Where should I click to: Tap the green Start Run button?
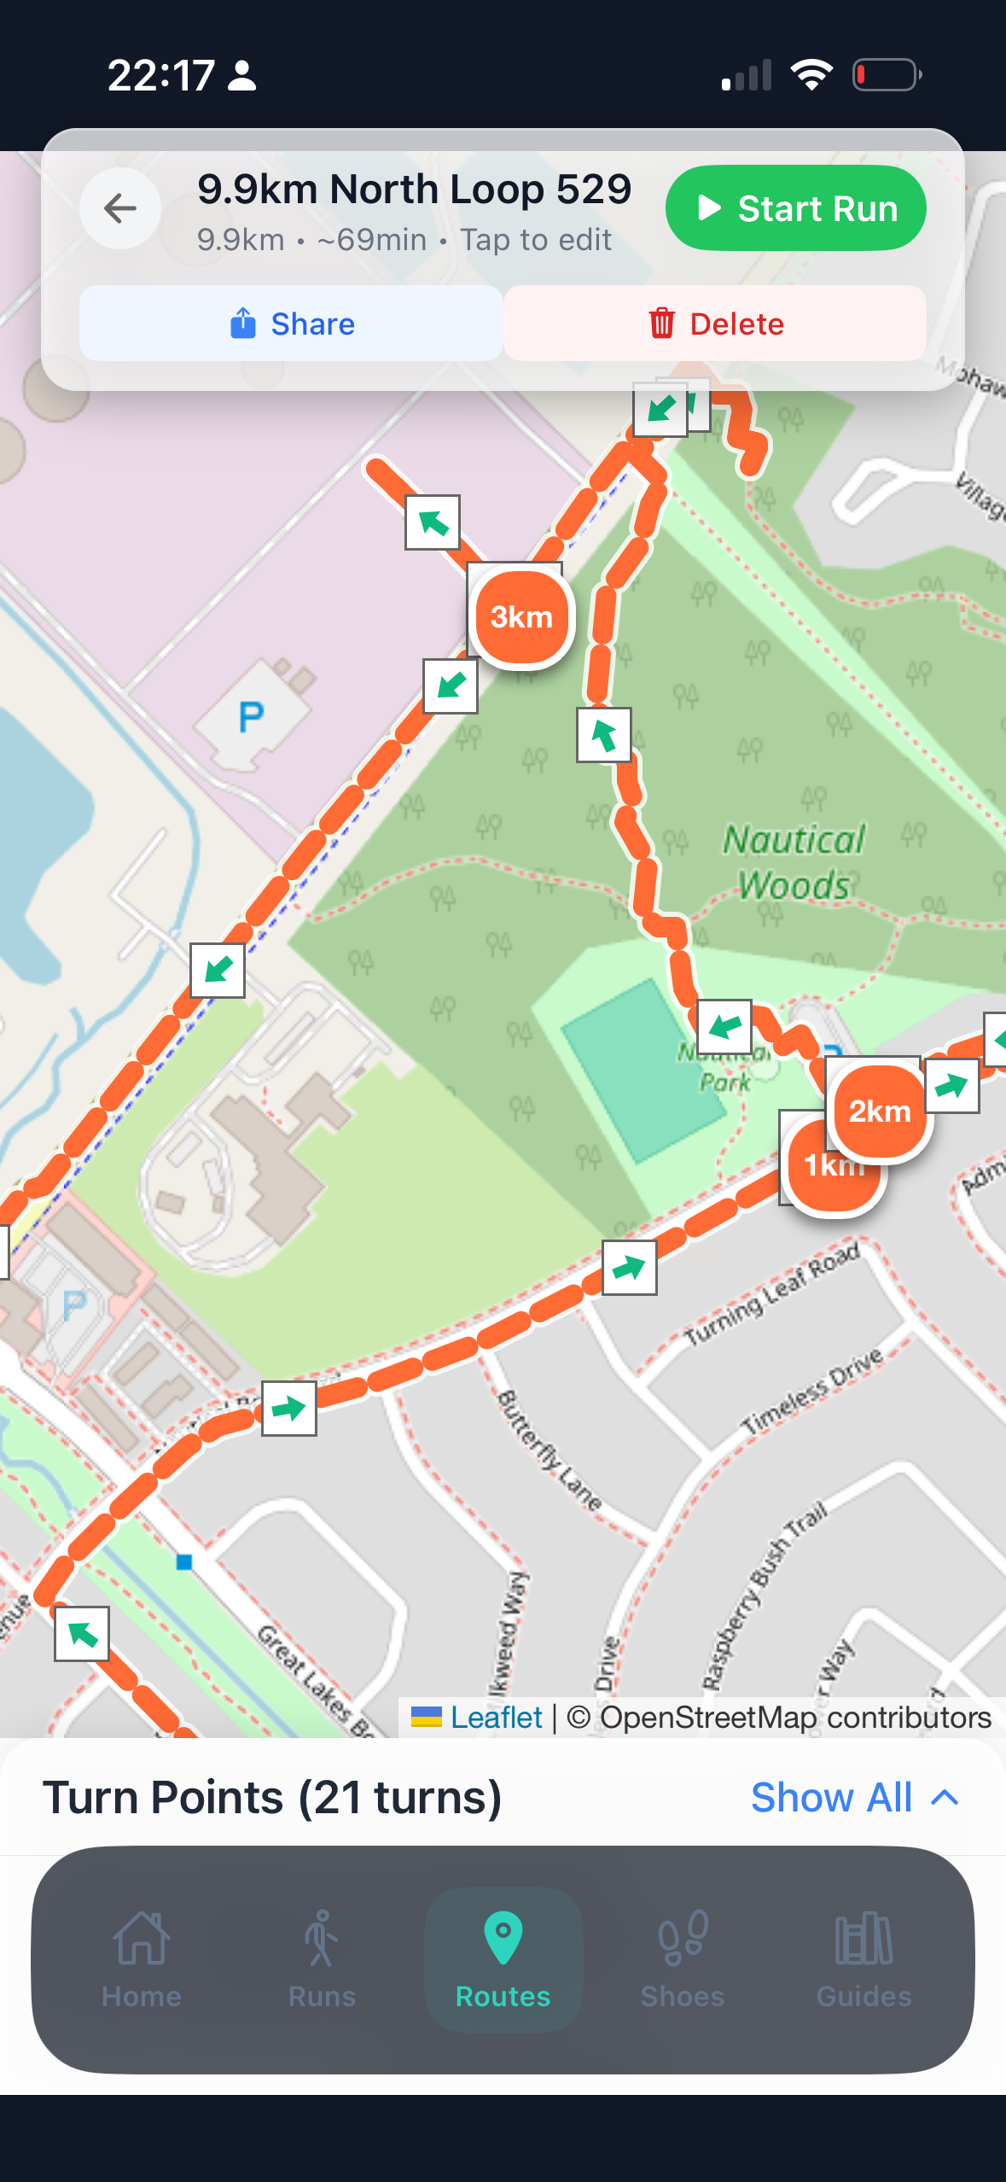click(795, 208)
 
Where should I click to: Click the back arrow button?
click(120, 208)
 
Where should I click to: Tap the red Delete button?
click(715, 324)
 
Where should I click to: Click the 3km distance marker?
click(521, 616)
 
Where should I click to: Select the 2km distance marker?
click(880, 1111)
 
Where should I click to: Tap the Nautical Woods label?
click(794, 862)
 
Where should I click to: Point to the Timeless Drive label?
click(812, 1391)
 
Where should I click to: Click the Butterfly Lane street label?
click(550, 1450)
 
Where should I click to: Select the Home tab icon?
click(142, 1938)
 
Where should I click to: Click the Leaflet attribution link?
click(496, 1717)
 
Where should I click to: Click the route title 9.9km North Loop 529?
click(414, 189)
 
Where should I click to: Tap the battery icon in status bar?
click(887, 75)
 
